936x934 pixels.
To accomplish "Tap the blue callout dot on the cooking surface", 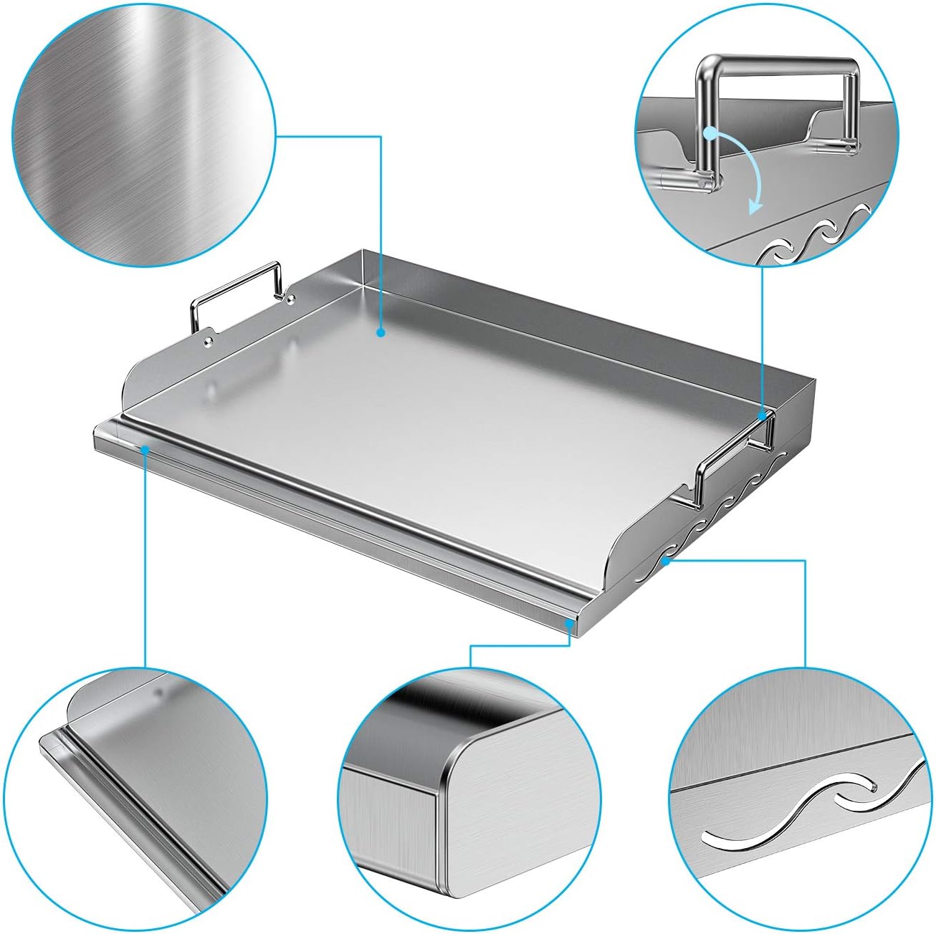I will pyautogui.click(x=381, y=332).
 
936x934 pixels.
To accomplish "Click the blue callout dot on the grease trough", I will pyautogui.click(x=145, y=449).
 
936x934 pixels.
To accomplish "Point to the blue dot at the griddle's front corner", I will pyautogui.click(x=570, y=623).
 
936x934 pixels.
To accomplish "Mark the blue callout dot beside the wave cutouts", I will pyautogui.click(x=667, y=562).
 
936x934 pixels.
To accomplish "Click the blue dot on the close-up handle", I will pyautogui.click(x=710, y=133).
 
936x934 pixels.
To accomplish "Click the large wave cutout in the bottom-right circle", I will pyautogui.click(x=788, y=809).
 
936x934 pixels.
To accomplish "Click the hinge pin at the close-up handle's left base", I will pyautogui.click(x=699, y=183).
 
